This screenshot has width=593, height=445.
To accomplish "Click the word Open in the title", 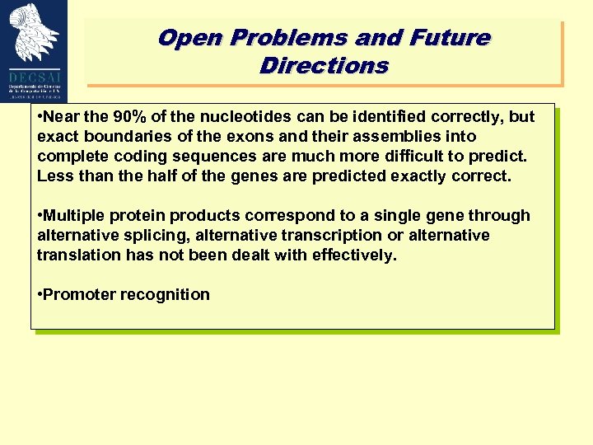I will pos(191,39).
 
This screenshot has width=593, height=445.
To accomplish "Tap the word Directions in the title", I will pos(324,66).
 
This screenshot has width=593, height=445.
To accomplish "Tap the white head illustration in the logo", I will pos(35,33).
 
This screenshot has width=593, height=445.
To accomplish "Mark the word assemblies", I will pos(391,137).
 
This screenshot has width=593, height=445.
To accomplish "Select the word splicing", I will pos(156,236).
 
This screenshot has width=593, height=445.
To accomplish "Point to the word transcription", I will pos(330,236).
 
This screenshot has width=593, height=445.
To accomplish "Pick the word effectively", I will pos(353,255).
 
